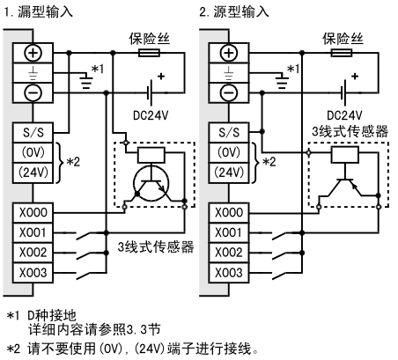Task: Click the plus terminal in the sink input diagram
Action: pyautogui.click(x=33, y=53)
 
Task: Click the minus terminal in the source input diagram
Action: pyautogui.click(x=229, y=93)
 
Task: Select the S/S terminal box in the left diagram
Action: pyautogui.click(x=33, y=133)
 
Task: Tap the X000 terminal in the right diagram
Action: pyautogui.click(x=229, y=213)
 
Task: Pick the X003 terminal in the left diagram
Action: pyautogui.click(x=33, y=273)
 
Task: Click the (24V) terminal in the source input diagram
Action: pyautogui.click(x=229, y=173)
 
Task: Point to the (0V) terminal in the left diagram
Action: pyautogui.click(x=33, y=153)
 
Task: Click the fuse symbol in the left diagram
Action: pyautogui.click(x=149, y=53)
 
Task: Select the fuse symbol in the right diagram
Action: pyautogui.click(x=342, y=53)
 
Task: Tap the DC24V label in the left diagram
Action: pyautogui.click(x=151, y=115)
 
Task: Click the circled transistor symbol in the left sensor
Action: pyautogui.click(x=151, y=184)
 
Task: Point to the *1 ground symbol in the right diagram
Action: pyautogui.click(x=282, y=81)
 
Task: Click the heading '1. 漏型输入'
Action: pyautogui.click(x=38, y=12)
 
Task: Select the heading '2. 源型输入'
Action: pyautogui.click(x=234, y=12)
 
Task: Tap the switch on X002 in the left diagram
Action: pyautogui.click(x=86, y=254)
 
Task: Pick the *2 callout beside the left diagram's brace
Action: pyautogui.click(x=73, y=162)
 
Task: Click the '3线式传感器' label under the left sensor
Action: pyautogui.click(x=156, y=247)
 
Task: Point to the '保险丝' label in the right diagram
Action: pyautogui.click(x=343, y=39)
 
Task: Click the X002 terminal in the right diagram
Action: pyautogui.click(x=229, y=253)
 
